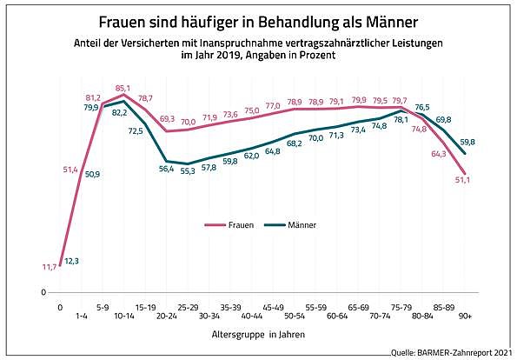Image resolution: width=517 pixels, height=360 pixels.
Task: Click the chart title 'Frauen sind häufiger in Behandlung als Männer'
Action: point(257,20)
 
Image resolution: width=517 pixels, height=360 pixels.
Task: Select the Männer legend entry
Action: point(295,225)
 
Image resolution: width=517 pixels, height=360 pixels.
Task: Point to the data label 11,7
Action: point(49,268)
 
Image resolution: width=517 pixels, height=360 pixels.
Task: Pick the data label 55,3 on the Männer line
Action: point(187,172)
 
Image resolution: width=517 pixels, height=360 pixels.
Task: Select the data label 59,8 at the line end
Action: point(467,142)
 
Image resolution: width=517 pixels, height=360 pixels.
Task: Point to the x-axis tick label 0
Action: point(60,308)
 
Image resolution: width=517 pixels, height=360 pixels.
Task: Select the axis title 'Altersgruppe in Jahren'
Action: point(256,334)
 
